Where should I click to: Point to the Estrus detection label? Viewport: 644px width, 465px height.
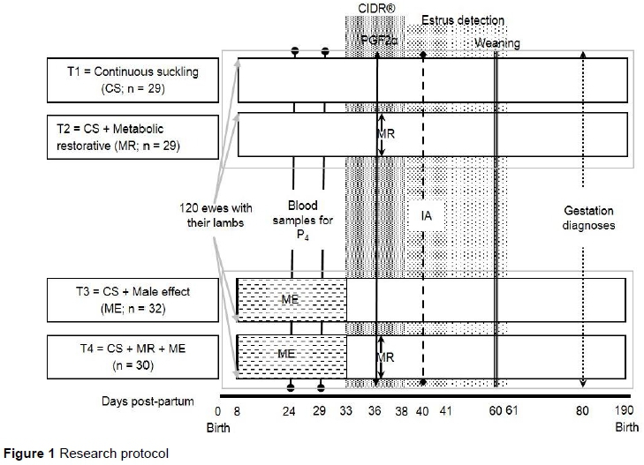(464, 19)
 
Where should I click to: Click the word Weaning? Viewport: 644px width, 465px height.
(497, 43)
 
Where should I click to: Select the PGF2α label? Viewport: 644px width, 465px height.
(381, 41)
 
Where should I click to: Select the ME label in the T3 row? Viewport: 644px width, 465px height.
(292, 301)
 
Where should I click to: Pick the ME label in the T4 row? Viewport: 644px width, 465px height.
(292, 355)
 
